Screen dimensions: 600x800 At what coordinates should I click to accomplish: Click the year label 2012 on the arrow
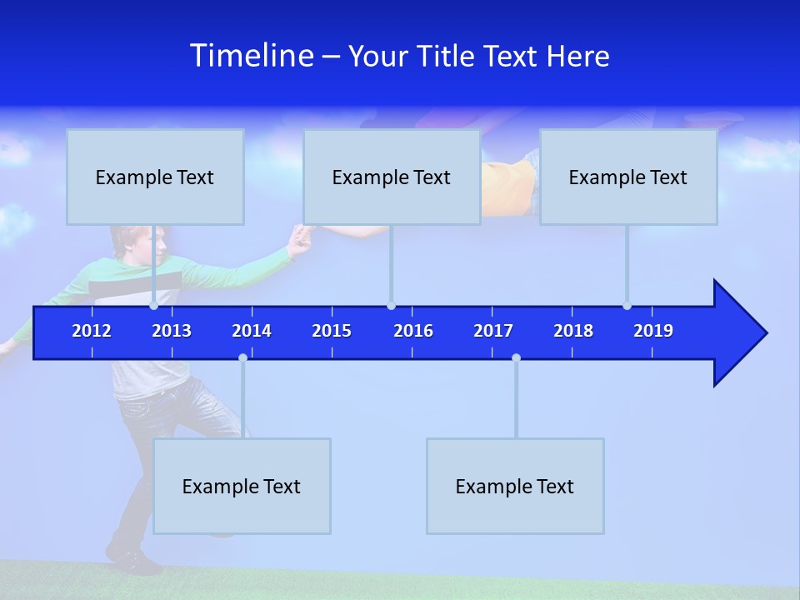pos(92,331)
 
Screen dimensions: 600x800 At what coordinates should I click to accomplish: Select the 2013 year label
pos(172,331)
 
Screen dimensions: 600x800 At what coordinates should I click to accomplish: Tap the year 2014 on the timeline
pos(252,331)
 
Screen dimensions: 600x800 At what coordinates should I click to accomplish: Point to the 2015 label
pos(332,331)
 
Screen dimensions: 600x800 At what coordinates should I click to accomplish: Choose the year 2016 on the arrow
pos(413,331)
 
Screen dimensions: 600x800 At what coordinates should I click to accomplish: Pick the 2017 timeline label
pos(493,331)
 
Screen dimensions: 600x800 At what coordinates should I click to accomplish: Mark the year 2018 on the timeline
pos(573,331)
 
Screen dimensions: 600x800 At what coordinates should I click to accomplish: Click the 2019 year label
pos(653,331)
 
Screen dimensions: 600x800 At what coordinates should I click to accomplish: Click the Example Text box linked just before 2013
pos(155,177)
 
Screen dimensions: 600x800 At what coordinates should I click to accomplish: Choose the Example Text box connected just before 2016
pos(392,177)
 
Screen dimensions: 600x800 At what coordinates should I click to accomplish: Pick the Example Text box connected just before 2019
pos(628,177)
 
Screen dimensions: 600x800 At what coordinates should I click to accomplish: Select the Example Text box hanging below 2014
pos(242,486)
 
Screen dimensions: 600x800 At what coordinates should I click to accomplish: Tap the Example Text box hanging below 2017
pos(515,486)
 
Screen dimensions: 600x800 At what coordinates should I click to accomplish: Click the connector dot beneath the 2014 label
pos(242,357)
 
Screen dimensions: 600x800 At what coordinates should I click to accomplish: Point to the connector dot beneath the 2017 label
pos(516,357)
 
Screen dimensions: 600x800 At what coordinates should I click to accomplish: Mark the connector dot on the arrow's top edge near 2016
pos(391,306)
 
